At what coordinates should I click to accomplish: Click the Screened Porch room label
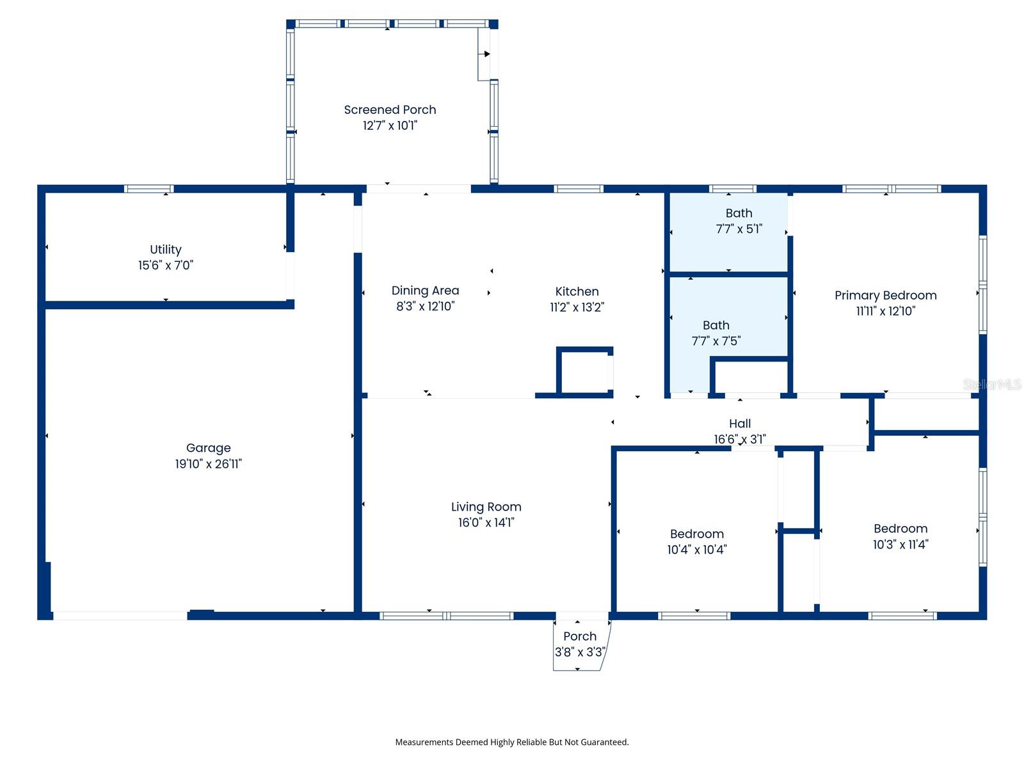tap(390, 109)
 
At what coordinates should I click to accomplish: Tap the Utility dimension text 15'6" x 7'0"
tap(166, 265)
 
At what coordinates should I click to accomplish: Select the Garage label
tap(208, 448)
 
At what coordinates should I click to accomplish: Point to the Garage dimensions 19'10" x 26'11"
tap(208, 463)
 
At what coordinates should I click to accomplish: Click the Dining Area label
tap(425, 291)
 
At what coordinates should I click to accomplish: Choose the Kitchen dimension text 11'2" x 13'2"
tap(577, 307)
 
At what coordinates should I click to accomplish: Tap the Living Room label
tap(486, 506)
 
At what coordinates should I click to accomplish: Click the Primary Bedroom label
tap(885, 295)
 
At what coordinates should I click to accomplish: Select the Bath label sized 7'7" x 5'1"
tap(739, 213)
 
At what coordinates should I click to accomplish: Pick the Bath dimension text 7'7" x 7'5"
tap(716, 341)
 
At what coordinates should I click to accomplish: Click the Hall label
tap(739, 424)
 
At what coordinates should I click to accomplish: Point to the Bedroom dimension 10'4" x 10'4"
tap(696, 549)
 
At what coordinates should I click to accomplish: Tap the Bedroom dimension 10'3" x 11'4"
tap(900, 544)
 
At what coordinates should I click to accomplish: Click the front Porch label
tap(579, 636)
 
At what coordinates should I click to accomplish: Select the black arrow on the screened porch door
tap(486, 54)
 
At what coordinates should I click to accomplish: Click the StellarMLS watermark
tap(992, 384)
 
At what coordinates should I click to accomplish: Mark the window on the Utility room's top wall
tap(149, 189)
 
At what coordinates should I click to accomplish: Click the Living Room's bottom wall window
tap(447, 616)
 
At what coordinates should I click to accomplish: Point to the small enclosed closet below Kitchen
tap(584, 372)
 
